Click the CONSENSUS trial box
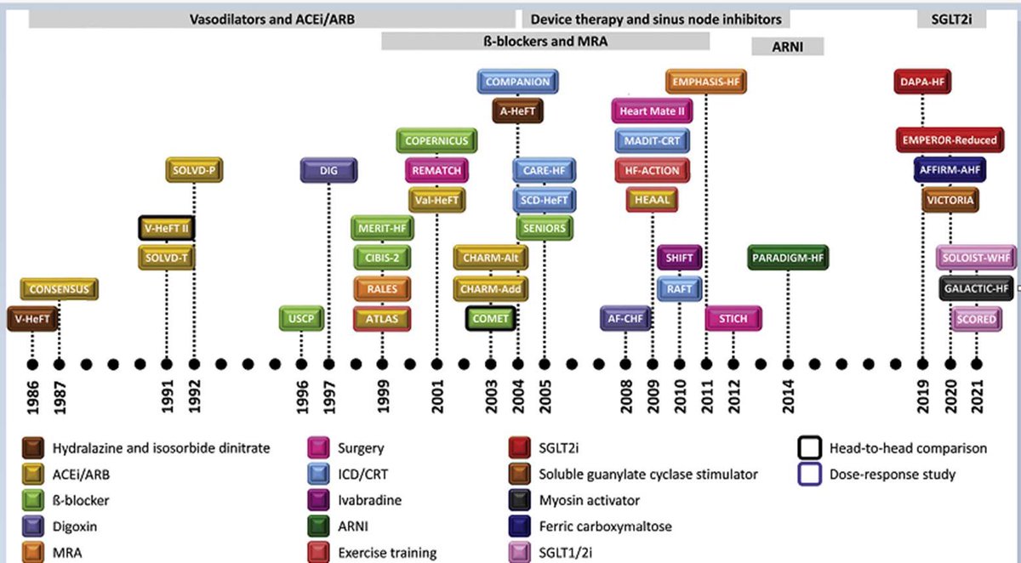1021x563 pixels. pyautogui.click(x=59, y=289)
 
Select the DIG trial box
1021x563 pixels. pyautogui.click(x=328, y=170)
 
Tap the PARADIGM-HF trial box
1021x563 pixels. pyautogui.click(x=788, y=257)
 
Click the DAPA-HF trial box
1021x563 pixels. pyautogui.click(x=922, y=82)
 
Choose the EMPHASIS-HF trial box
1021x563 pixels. pyautogui.click(x=706, y=82)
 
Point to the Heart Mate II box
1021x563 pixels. pyautogui.click(x=652, y=111)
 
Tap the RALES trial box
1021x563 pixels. pyautogui.click(x=383, y=288)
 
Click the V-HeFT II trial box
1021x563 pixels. pyautogui.click(x=168, y=228)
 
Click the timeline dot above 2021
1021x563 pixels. pyautogui.click(x=976, y=364)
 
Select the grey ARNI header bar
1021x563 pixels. pyautogui.click(x=787, y=48)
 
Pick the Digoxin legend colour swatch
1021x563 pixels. pyautogui.click(x=34, y=526)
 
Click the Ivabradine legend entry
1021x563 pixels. pyautogui.click(x=367, y=500)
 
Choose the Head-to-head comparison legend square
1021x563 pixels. pyautogui.click(x=808, y=448)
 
